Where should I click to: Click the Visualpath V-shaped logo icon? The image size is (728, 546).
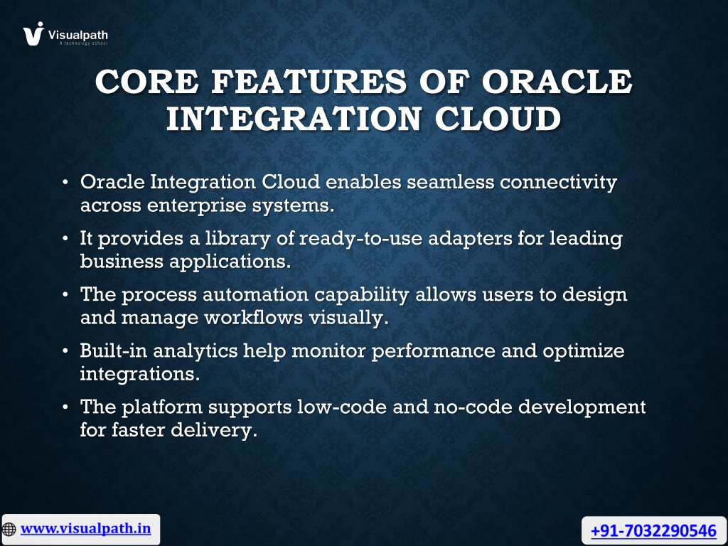point(33,33)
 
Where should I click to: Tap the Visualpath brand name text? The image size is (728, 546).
point(78,35)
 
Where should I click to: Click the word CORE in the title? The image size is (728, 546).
point(147,81)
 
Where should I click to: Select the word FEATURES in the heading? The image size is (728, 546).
point(309,81)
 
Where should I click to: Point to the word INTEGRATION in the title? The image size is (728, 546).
point(294,119)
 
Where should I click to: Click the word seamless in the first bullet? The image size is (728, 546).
point(450,181)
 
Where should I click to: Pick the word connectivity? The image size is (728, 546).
point(559,182)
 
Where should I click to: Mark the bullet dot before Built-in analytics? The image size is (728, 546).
point(65,350)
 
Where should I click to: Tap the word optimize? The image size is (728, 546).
point(584,351)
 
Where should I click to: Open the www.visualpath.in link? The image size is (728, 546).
point(86,529)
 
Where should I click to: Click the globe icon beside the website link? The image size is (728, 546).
point(9,529)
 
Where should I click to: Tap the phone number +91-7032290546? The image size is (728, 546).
point(654,530)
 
